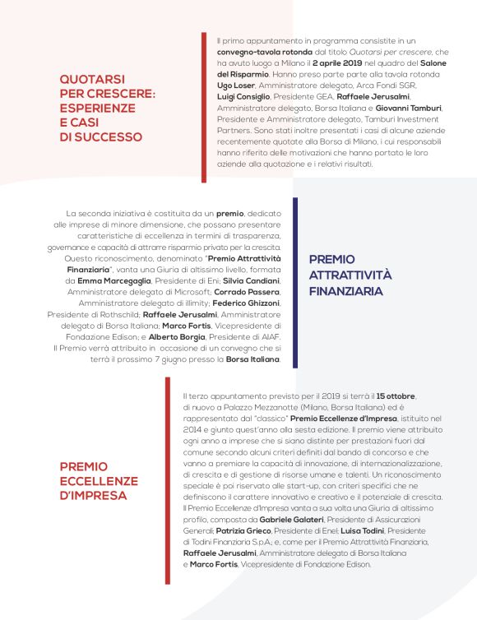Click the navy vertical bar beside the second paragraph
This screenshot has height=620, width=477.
(x=294, y=282)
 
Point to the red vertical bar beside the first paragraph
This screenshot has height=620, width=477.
(x=204, y=107)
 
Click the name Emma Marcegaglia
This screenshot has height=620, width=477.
(x=113, y=280)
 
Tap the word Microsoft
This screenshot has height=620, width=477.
(x=190, y=292)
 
